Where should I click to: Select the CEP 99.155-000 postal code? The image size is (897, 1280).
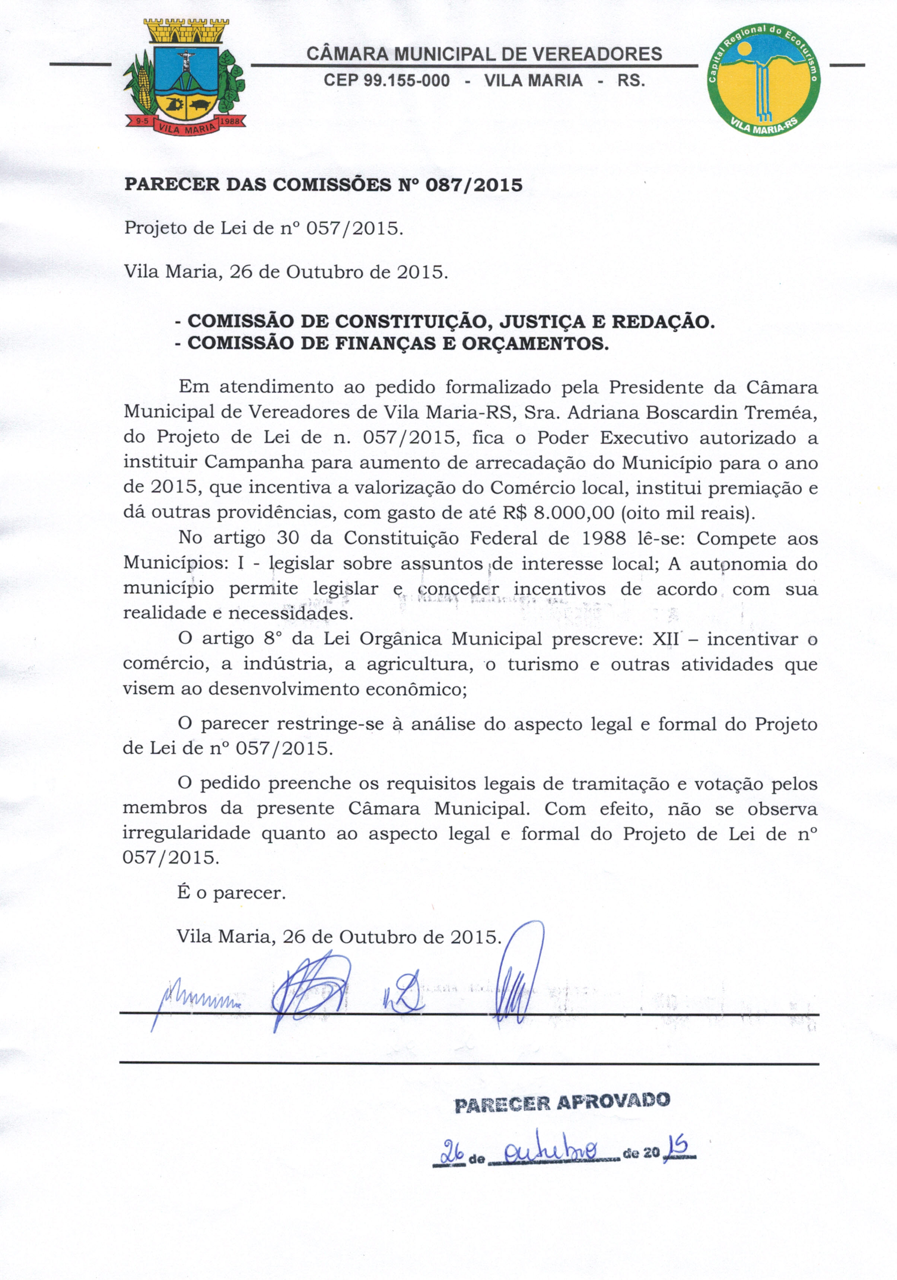click(387, 81)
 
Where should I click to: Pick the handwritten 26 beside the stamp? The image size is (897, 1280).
click(451, 1151)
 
